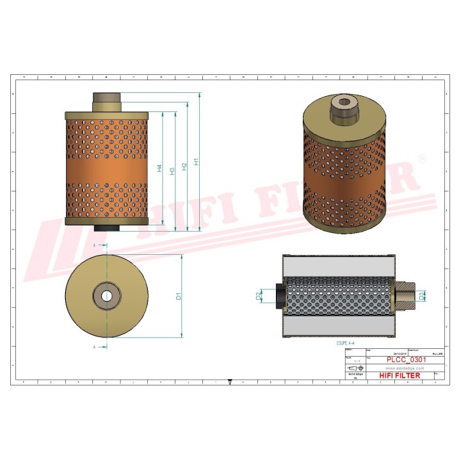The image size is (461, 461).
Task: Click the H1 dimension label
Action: tap(197, 163)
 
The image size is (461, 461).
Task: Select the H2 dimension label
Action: tap(184, 166)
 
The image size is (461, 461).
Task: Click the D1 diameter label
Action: tap(179, 296)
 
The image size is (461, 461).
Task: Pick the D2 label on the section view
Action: tap(259, 296)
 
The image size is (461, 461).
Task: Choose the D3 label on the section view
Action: tap(421, 296)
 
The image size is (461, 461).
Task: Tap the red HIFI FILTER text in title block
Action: tap(400, 376)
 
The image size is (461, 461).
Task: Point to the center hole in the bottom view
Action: tap(106, 295)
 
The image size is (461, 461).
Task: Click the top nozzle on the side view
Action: tap(106, 101)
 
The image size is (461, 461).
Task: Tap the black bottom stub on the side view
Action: tap(106, 228)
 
